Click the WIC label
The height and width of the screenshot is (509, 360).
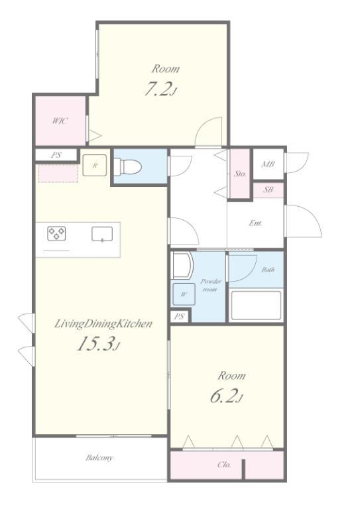(60, 121)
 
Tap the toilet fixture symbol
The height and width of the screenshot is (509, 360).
(128, 166)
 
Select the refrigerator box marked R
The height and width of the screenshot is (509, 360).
(94, 165)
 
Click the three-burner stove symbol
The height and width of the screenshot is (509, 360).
(56, 233)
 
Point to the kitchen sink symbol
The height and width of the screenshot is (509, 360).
(102, 234)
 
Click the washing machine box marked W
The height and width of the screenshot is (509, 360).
(184, 294)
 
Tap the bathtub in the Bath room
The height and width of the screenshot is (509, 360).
(255, 306)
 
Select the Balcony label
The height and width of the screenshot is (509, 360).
(99, 458)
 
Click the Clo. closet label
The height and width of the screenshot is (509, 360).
(224, 465)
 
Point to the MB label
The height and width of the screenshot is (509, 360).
(268, 164)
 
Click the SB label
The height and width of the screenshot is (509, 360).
(268, 190)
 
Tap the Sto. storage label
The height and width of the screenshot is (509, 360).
(240, 174)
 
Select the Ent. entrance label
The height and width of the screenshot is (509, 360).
(255, 223)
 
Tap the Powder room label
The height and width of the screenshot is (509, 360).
(210, 285)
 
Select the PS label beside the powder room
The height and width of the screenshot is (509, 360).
(179, 316)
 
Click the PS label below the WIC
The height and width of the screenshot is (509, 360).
(56, 155)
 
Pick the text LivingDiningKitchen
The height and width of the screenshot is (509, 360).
(103, 323)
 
